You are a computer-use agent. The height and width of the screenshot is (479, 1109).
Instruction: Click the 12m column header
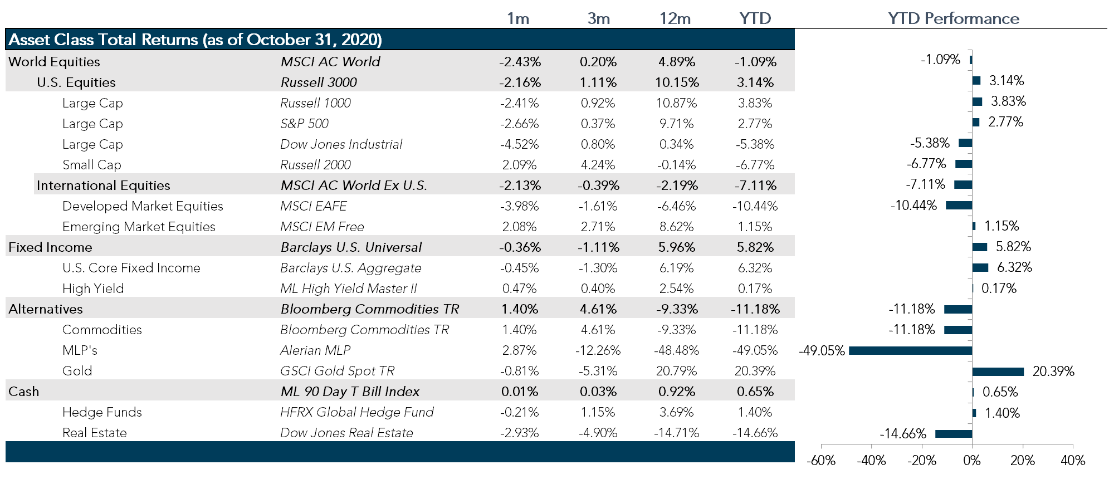coord(675,18)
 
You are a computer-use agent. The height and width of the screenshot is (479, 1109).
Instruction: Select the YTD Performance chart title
coord(953,18)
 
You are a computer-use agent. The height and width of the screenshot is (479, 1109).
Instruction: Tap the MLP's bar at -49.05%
coord(910,351)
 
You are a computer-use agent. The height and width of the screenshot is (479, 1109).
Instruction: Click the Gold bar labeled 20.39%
coord(998,372)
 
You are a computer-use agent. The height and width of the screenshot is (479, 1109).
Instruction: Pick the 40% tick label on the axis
coord(1072,461)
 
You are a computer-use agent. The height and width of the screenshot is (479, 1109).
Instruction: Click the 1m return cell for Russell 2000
coord(519,165)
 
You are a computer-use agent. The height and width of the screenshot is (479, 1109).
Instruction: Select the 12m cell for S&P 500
coord(676,124)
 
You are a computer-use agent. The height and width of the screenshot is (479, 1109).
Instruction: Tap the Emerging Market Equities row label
coord(139,227)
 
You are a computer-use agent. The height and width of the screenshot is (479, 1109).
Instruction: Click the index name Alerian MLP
coord(315,350)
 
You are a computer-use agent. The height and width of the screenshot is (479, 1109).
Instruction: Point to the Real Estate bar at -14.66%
coord(953,434)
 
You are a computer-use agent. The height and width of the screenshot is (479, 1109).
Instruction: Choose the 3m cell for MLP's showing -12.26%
coord(598,350)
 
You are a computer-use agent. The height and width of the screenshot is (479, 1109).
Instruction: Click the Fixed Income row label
coord(50,247)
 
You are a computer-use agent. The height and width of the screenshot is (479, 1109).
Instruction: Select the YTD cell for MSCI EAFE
coord(755,206)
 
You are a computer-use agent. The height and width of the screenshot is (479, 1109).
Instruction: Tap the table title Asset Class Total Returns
coord(195,40)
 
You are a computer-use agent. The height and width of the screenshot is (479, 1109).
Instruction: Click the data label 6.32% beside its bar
coord(1014,267)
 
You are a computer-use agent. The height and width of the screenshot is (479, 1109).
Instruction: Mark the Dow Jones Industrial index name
coord(341,144)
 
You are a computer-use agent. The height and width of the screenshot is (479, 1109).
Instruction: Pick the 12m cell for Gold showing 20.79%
coord(676,371)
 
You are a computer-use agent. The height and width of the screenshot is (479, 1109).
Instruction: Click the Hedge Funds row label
coord(102,412)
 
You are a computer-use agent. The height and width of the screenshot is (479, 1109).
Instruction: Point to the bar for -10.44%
coord(959,206)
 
